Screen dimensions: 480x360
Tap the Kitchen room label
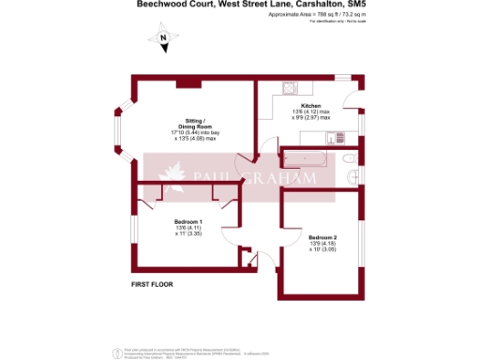[x=311, y=105]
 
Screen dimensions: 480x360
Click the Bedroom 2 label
[x=322, y=237]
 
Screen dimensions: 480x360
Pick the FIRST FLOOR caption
[x=153, y=283]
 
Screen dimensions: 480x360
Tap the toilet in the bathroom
[x=349, y=175]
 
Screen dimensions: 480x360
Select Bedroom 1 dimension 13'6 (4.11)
[x=188, y=229]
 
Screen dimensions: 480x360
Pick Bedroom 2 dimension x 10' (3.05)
[x=322, y=250]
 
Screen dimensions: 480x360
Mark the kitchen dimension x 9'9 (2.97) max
[x=312, y=118]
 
